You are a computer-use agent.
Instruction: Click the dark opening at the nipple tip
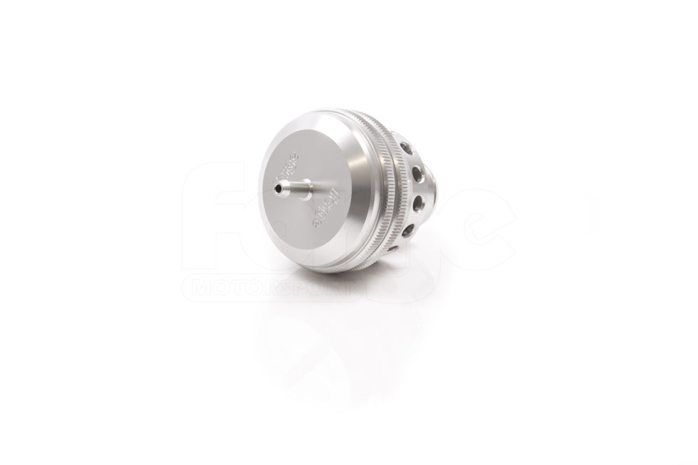275,187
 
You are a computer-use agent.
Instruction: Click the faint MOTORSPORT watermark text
271,288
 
